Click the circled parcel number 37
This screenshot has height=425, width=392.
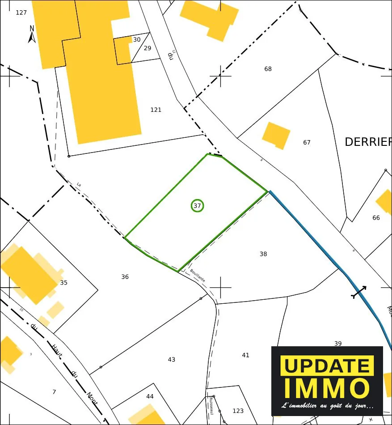pyautogui.click(x=197, y=206)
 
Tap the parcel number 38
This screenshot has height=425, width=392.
pyautogui.click(x=263, y=254)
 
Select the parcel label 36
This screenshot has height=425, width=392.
pyautogui.click(x=125, y=277)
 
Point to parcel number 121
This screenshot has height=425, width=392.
pyautogui.click(x=156, y=110)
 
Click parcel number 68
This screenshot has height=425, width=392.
pyautogui.click(x=268, y=69)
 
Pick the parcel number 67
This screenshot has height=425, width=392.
pyautogui.click(x=307, y=143)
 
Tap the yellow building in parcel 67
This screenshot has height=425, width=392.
pyautogui.click(x=276, y=135)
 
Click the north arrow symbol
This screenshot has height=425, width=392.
pyautogui.click(x=32, y=34)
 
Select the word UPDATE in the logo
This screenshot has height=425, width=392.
pyautogui.click(x=327, y=366)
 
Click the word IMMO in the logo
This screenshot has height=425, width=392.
pyautogui.click(x=327, y=387)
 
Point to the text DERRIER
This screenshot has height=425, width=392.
pyautogui.click(x=368, y=142)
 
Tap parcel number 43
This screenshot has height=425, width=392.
pyautogui.click(x=172, y=360)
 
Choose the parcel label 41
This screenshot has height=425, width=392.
pyautogui.click(x=245, y=355)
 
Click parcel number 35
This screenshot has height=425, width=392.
pyautogui.click(x=63, y=283)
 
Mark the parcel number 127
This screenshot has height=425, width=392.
pyautogui.click(x=21, y=13)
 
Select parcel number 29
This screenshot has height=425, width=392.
pyautogui.click(x=148, y=48)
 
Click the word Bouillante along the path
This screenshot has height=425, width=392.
pyautogui.click(x=198, y=275)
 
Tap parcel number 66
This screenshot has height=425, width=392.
pyautogui.click(x=376, y=218)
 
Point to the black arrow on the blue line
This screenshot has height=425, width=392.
pyautogui.click(x=359, y=292)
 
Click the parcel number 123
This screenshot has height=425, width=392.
pyautogui.click(x=238, y=411)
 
